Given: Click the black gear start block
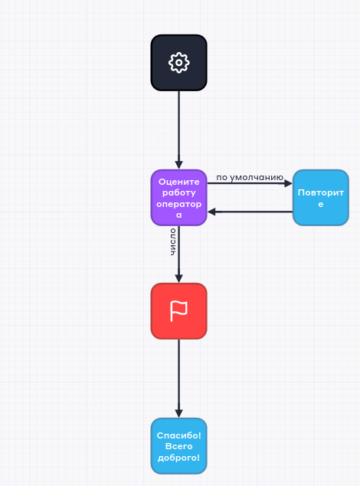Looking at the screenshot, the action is coord(178,63).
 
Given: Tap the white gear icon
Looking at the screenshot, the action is coord(178,63).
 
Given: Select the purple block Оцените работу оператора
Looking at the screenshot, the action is coord(178,198).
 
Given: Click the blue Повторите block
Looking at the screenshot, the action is coord(321,198).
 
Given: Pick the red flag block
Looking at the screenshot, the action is coord(178,311).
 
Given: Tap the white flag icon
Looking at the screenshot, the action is coord(178,311).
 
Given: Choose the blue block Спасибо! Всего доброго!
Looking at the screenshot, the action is coord(178,446).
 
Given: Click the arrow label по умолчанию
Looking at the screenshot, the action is coord(250,178).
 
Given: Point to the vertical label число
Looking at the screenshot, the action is coord(173,241).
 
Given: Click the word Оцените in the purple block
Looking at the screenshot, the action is coord(178,182).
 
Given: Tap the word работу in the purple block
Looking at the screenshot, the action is coord(178,192).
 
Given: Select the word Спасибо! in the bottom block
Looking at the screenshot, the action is coord(178,435).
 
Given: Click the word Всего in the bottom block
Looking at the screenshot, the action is coord(178,446).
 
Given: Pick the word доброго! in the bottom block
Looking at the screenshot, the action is coord(178,458).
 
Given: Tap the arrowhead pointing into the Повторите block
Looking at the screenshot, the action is coord(288,183).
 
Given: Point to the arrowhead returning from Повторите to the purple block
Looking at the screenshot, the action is coord(211,212).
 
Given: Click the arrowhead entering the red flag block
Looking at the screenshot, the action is coord(178,278).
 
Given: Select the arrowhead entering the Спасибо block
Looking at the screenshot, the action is coord(178,413).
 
